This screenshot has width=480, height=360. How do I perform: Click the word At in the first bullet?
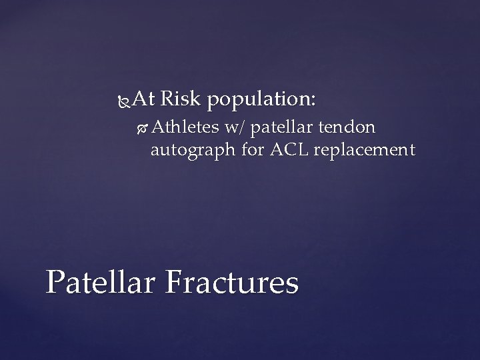143,100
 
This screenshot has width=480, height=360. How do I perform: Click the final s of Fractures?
293,285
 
